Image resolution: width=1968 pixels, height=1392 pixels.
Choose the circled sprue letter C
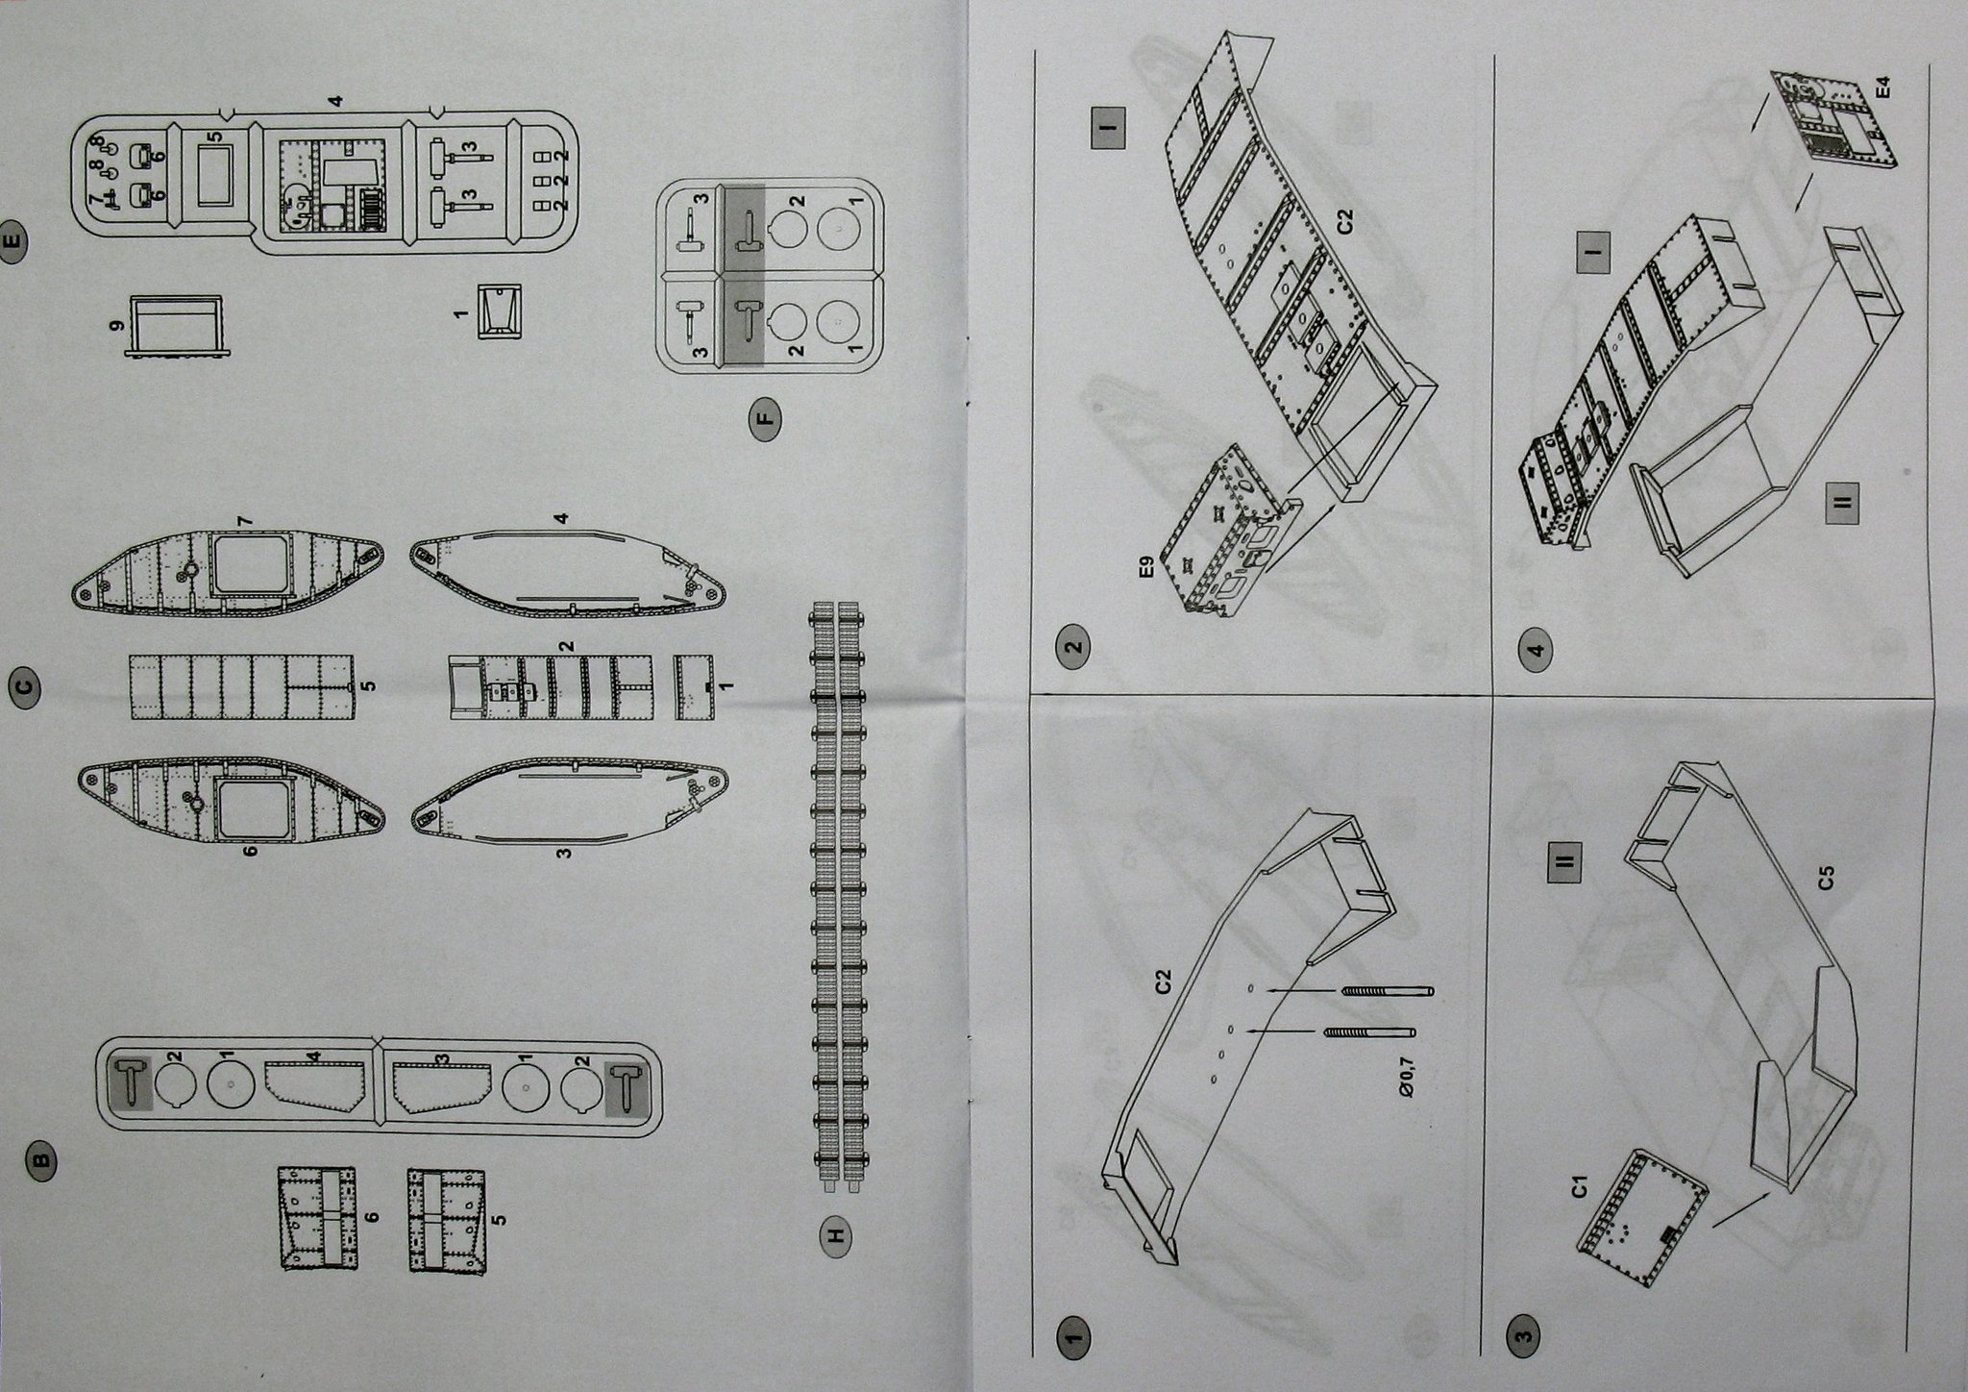26,687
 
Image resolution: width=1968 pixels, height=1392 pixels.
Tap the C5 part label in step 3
1827,880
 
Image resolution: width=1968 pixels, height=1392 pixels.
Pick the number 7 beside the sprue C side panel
247,520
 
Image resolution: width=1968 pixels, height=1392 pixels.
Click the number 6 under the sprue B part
373,1216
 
